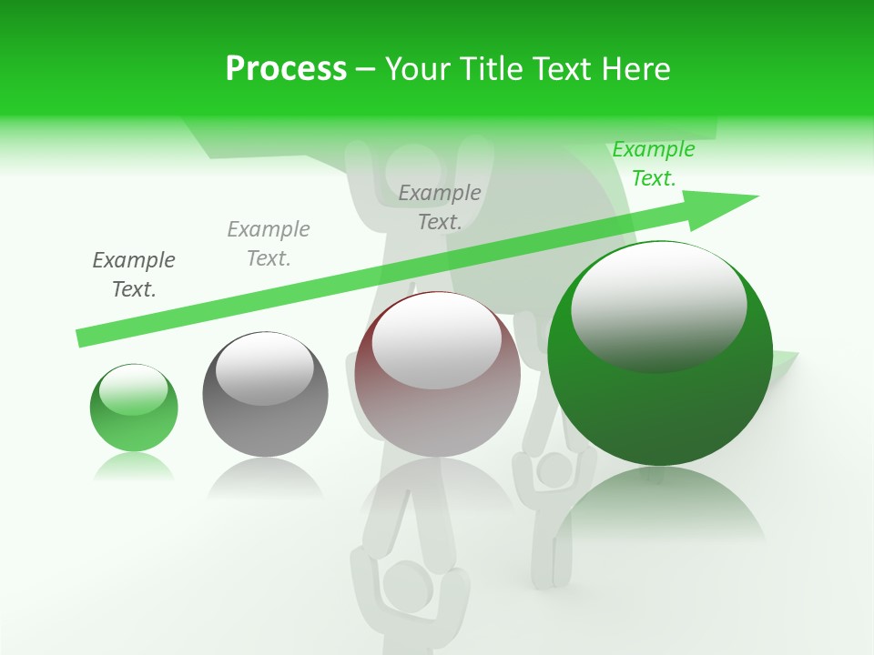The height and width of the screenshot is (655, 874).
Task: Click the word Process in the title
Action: (x=286, y=69)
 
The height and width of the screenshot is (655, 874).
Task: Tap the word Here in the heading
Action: (x=634, y=69)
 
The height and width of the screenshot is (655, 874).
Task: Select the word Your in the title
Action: (x=414, y=69)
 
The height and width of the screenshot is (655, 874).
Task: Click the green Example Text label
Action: (x=653, y=164)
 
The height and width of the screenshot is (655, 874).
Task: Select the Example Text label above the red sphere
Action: (x=440, y=207)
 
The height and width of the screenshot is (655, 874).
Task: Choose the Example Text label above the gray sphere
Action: (x=269, y=243)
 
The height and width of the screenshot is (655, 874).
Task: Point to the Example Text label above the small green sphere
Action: (x=134, y=274)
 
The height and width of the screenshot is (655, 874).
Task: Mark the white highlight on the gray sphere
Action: (x=264, y=368)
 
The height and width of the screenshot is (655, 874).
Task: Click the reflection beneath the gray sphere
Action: (x=265, y=477)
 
